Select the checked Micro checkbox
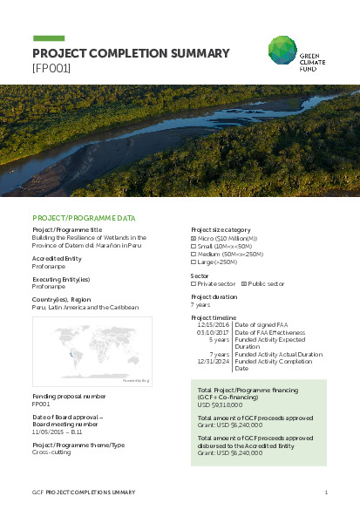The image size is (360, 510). (194, 238)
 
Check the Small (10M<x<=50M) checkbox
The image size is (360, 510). (194, 246)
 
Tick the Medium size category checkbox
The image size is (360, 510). (194, 254)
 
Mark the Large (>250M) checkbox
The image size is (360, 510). (194, 262)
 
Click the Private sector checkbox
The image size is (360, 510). (194, 283)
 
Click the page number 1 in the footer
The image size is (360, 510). (325, 493)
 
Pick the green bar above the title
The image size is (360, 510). (54, 38)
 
